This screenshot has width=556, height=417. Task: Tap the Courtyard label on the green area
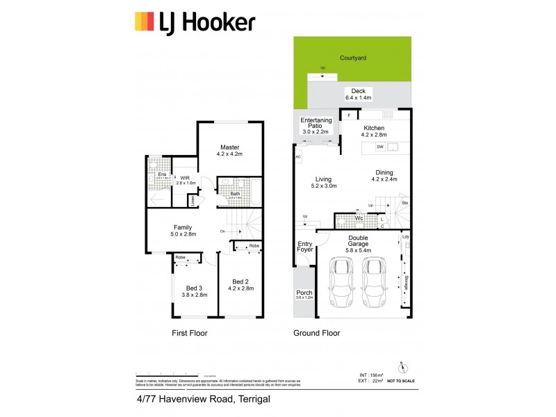click(352, 58)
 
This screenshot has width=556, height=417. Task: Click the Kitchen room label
click(375, 131)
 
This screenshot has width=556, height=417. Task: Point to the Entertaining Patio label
click(316, 125)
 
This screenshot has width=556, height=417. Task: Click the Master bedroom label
click(230, 151)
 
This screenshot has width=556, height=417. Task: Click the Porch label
click(304, 293)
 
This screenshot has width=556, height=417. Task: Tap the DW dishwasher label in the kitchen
click(380, 147)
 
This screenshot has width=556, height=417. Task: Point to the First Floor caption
click(190, 334)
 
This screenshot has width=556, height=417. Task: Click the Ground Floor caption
click(317, 334)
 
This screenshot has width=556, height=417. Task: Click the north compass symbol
click(401, 368)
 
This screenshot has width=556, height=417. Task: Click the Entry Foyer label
click(305, 247)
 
